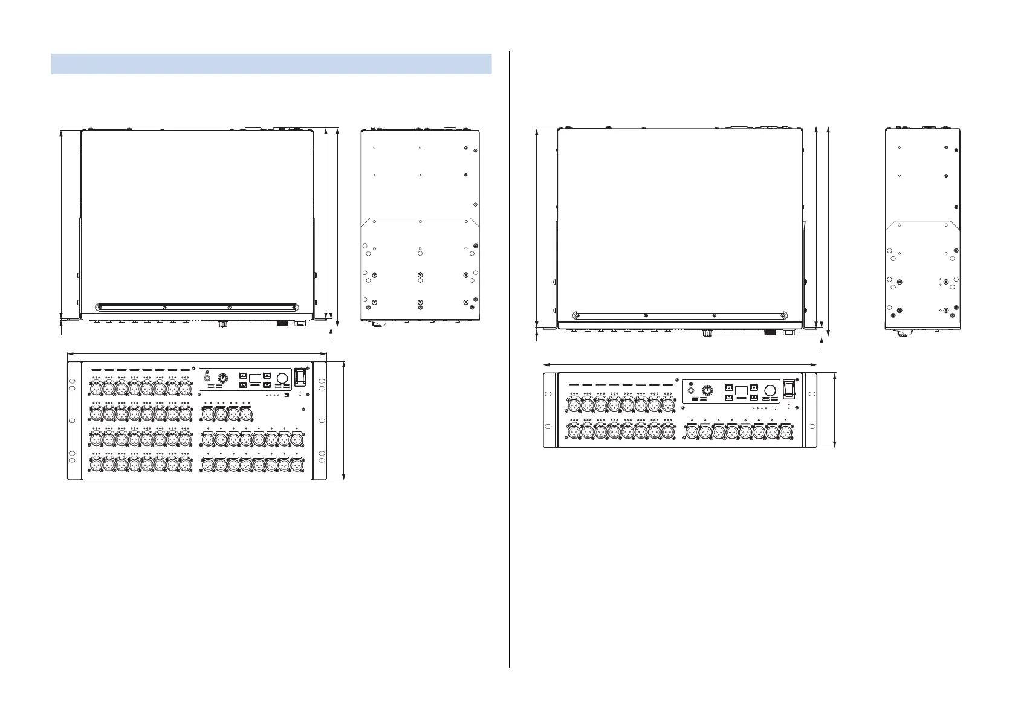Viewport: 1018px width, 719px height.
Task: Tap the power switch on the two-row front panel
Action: click(788, 389)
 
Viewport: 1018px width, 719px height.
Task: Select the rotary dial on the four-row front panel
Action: click(222, 379)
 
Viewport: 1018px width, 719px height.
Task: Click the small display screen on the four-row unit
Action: click(255, 378)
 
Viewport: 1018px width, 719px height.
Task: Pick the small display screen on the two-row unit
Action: click(742, 390)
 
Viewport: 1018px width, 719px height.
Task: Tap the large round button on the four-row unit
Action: click(282, 378)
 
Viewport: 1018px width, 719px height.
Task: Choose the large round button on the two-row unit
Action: click(770, 390)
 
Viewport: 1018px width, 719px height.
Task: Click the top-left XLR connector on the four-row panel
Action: click(96, 389)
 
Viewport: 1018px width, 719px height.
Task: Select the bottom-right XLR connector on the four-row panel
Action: click(296, 465)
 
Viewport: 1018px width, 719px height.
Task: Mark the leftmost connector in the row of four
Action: click(207, 414)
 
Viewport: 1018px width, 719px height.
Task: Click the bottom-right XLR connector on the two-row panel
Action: click(785, 433)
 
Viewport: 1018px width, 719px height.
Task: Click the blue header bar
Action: click(271, 64)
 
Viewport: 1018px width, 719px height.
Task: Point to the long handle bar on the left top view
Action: click(197, 307)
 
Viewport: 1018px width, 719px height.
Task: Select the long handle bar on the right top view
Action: click(680, 315)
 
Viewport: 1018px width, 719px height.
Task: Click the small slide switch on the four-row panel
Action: click(287, 396)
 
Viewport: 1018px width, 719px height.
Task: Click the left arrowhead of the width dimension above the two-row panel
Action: click(546, 364)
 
